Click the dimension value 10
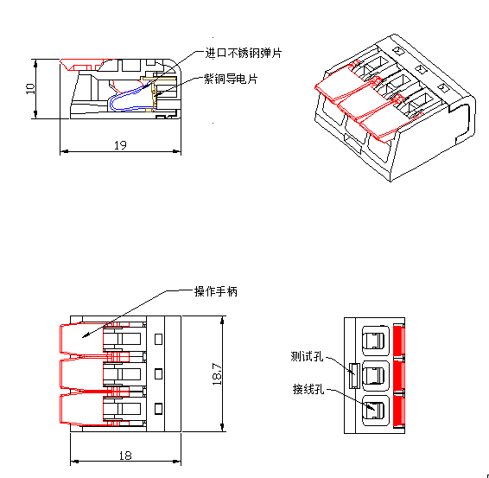pos(30,89)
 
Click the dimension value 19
pos(120,145)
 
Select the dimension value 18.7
pos(217,373)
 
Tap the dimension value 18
pos(125,456)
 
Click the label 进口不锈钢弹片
pos(244,53)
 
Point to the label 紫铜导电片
pos(231,79)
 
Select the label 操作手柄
pos(216,291)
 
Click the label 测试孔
pos(307,356)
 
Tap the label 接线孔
pos(308,389)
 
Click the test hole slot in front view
pos(354,376)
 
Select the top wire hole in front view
pos(376,341)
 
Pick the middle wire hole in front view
pos(376,376)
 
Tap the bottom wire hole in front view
pos(376,411)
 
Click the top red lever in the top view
pos(82,340)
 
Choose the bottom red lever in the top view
pos(82,410)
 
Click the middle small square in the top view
pos(158,373)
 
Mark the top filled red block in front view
pos(399,341)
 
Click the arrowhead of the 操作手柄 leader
pos(86,335)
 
